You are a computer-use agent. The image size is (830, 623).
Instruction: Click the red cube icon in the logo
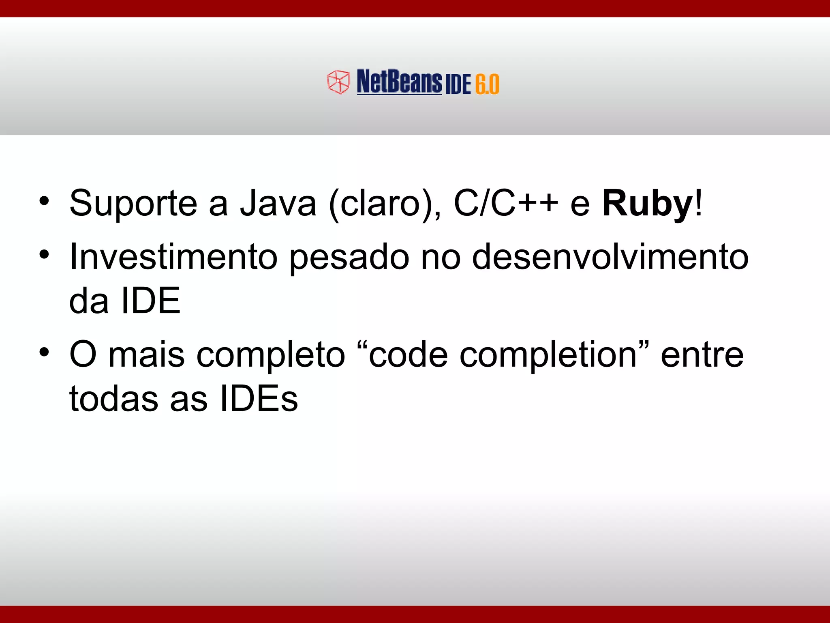click(338, 82)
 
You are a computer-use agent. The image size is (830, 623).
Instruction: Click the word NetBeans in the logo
click(399, 82)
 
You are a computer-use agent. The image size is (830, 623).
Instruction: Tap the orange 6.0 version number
click(487, 84)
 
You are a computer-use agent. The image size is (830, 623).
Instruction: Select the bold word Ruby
click(648, 204)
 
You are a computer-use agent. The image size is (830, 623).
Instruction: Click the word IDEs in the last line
click(259, 399)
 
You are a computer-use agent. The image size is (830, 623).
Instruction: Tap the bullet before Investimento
click(44, 255)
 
